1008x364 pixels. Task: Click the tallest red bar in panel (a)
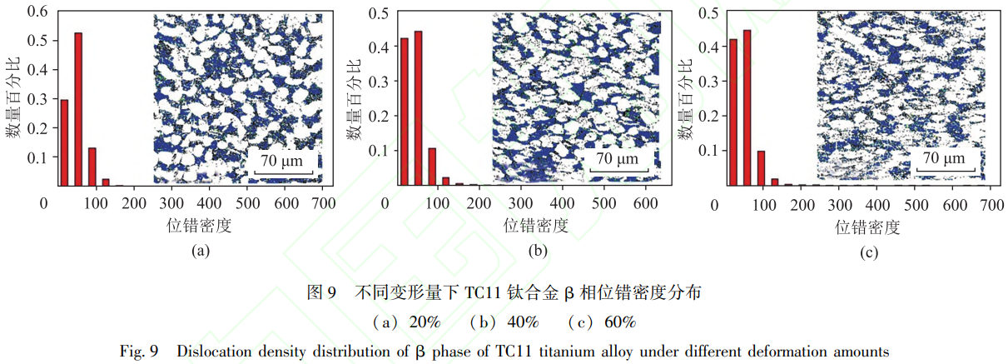[x=78, y=108]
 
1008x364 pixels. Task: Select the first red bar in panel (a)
[x=64, y=142]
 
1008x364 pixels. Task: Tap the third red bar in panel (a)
[x=92, y=166]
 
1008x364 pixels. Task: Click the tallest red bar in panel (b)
[x=418, y=107]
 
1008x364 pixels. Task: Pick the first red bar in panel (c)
[x=732, y=112]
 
